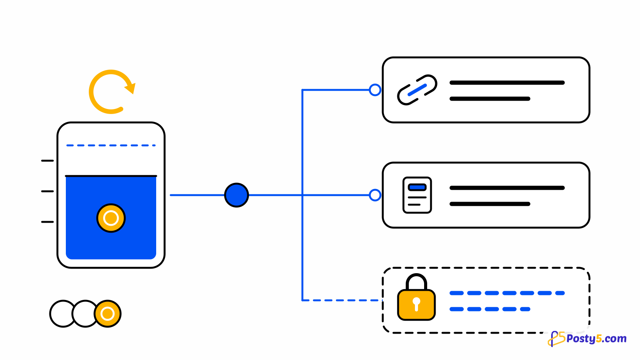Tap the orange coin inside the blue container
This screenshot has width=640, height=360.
click(111, 218)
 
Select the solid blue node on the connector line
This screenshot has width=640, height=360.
click(237, 195)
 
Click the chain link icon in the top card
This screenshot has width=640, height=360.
click(417, 90)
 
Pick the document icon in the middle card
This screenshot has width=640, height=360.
click(417, 195)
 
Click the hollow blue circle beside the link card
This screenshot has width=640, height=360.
click(375, 90)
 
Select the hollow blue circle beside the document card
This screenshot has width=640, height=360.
click(375, 195)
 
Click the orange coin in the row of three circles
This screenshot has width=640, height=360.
click(108, 314)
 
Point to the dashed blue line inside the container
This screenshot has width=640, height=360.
click(111, 145)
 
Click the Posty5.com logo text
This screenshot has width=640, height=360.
click(596, 339)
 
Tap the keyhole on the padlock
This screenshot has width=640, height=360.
click(416, 304)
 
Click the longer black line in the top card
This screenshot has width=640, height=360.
click(507, 83)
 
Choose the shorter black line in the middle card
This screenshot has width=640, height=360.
click(490, 204)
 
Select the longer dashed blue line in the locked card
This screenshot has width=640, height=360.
click(507, 293)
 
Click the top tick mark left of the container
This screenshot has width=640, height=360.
click(47, 161)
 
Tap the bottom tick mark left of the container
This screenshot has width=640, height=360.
click(47, 222)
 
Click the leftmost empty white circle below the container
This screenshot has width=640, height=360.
click(62, 314)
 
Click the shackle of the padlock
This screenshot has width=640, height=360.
click(416, 275)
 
